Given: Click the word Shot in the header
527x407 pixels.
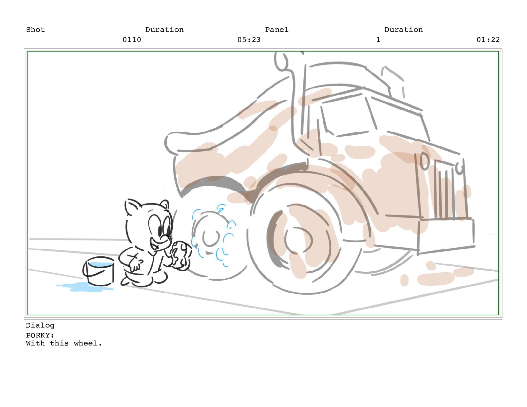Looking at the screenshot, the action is [x=35, y=30].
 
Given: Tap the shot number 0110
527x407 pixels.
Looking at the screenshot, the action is [x=132, y=40].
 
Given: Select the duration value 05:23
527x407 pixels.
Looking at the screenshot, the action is [x=249, y=40].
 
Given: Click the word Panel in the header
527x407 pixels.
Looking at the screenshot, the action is [x=277, y=30].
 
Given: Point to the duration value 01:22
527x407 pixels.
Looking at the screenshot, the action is [x=488, y=40].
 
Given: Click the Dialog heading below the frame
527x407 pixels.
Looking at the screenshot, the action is [x=40, y=326].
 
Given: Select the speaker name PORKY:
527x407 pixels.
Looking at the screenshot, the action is [x=40, y=336].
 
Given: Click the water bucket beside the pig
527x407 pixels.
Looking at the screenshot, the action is [x=99, y=271].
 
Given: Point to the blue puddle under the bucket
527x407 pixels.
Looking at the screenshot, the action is [x=85, y=288].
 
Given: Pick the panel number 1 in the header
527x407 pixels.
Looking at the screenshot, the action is [x=378, y=40].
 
